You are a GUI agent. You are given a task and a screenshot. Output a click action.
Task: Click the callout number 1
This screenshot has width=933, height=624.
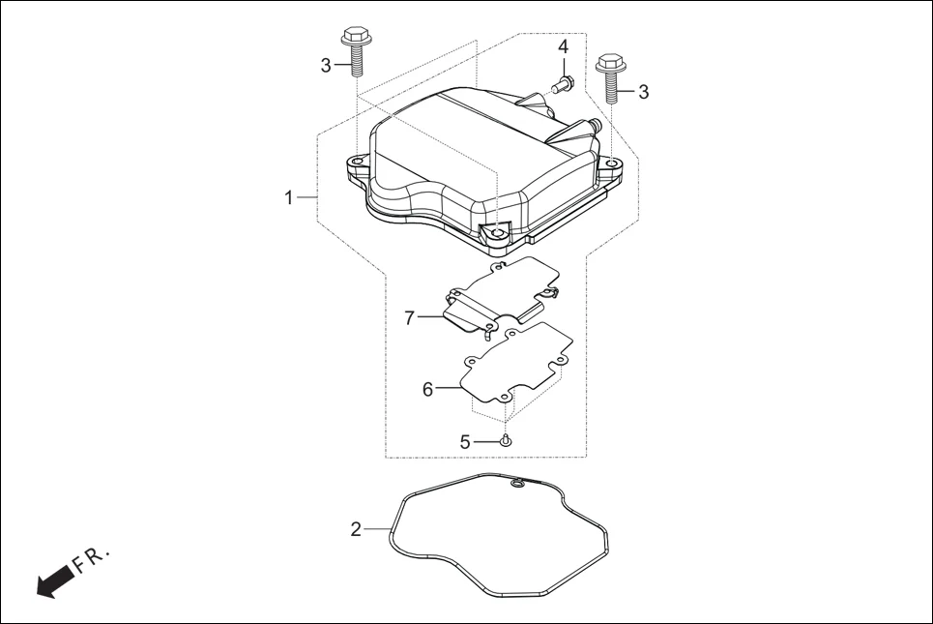click(x=288, y=197)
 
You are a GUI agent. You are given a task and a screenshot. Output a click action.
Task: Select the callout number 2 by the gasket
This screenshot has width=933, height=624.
click(x=356, y=529)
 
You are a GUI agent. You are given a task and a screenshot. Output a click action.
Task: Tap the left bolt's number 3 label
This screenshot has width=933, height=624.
click(x=326, y=65)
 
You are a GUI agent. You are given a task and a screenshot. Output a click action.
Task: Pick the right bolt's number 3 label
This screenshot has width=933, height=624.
click(x=643, y=92)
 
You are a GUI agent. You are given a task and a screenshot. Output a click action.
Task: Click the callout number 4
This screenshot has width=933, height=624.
click(x=563, y=47)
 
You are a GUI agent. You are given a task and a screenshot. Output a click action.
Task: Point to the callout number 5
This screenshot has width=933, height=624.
click(x=465, y=441)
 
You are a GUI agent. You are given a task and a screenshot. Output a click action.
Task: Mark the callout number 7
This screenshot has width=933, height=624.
click(x=410, y=317)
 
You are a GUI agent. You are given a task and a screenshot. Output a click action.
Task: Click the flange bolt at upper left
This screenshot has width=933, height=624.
click(x=354, y=54)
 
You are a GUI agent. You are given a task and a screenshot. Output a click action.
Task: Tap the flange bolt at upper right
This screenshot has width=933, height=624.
click(x=611, y=77)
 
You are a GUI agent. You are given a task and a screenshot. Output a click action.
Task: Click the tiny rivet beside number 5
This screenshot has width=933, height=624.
click(x=506, y=441)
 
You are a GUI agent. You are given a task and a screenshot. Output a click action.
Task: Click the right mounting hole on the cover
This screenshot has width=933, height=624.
click(x=612, y=163)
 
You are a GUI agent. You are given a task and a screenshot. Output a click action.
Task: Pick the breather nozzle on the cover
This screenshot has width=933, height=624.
click(x=591, y=126)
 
